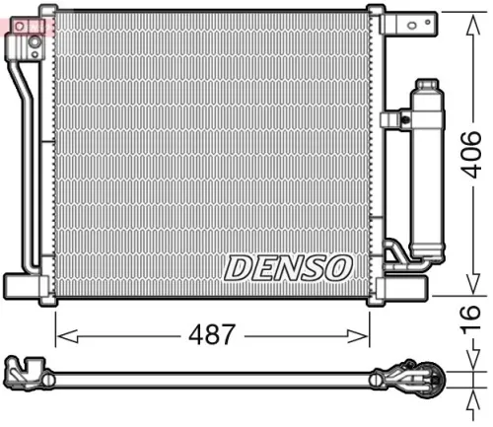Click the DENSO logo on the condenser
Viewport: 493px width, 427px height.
click(x=288, y=265)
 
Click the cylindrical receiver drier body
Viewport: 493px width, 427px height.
click(x=428, y=178)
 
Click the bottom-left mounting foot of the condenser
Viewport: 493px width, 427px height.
click(x=24, y=286)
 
